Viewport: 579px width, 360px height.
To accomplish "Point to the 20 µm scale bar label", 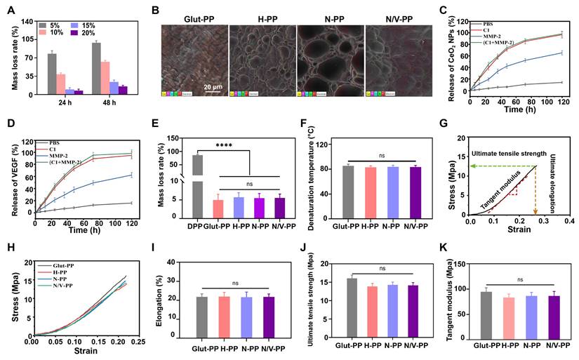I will (214, 87).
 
